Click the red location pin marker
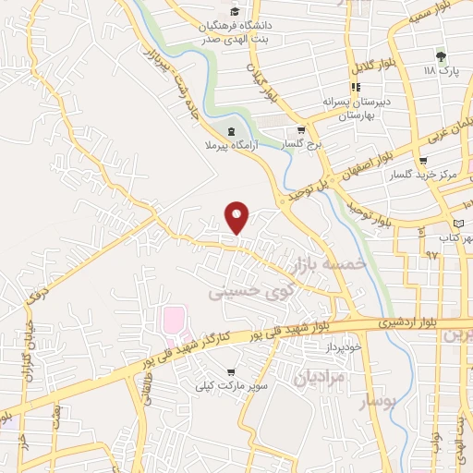(x=238, y=216)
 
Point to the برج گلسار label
(x=301, y=145)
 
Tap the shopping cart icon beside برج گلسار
(x=301, y=130)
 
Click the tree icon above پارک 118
(x=441, y=56)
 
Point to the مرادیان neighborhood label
(x=320, y=376)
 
